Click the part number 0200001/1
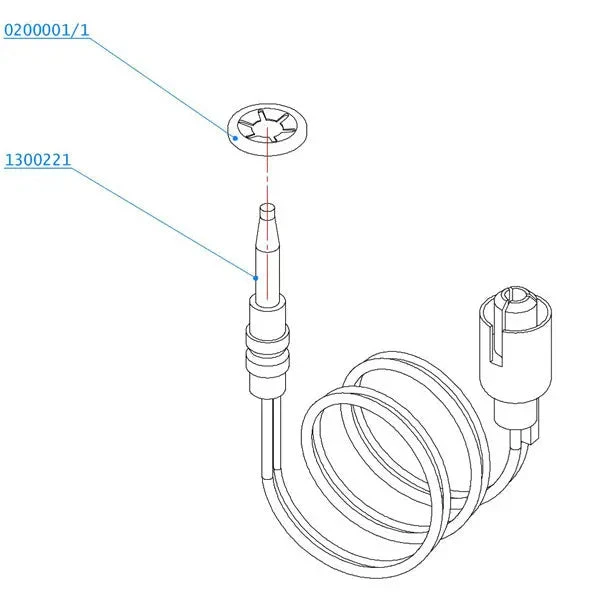point(47,30)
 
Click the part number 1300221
point(37,159)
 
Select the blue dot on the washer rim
point(237,138)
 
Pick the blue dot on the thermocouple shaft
point(257,277)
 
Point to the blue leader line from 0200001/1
point(160,86)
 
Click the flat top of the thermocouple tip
point(267,209)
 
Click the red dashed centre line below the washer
point(267,175)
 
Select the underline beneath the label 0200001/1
point(47,39)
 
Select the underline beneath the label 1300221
point(37,168)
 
